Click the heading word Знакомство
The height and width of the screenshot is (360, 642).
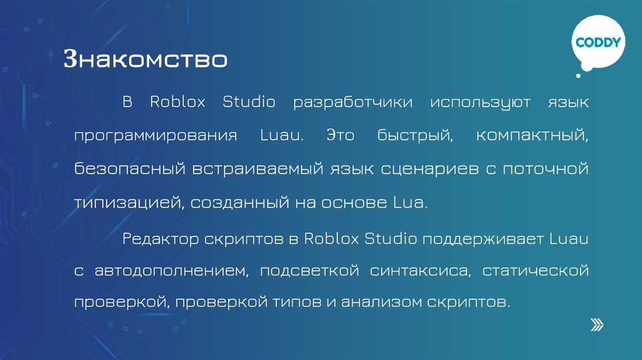[145, 60]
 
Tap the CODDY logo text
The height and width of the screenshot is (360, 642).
[598, 43]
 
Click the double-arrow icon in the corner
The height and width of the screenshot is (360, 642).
[597, 324]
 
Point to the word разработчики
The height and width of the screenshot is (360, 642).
[353, 102]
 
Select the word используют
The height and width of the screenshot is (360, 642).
[480, 102]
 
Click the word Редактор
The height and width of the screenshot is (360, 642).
[160, 238]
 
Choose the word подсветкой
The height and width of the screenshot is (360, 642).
[309, 272]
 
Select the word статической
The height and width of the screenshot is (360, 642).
[535, 272]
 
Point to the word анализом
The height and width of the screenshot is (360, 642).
[371, 302]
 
